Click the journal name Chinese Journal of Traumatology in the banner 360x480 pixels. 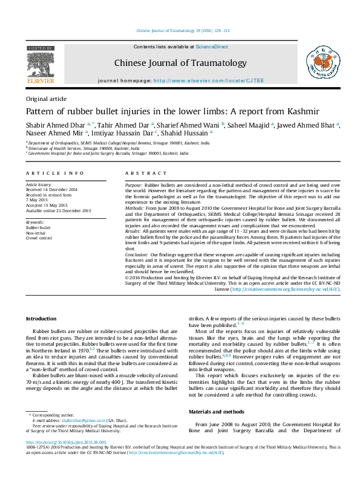point(180,63)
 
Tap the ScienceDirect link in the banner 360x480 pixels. point(211,46)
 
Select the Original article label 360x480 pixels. point(46,99)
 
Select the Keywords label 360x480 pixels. point(35,222)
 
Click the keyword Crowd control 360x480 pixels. point(38,238)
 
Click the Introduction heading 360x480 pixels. point(41,319)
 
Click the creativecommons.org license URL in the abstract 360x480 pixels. point(283,289)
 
